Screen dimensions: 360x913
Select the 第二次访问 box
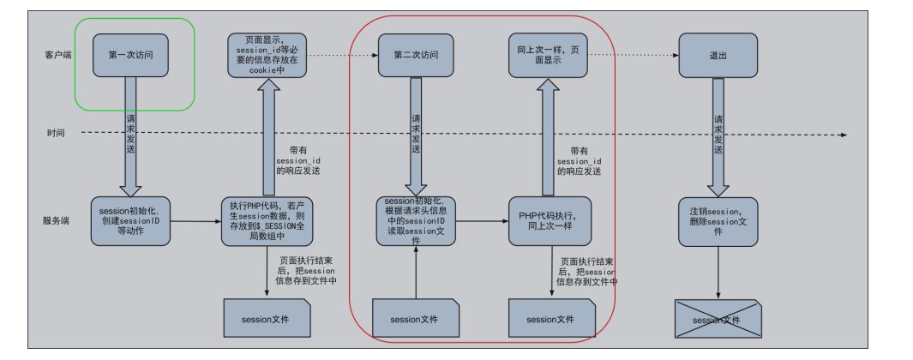tap(415, 55)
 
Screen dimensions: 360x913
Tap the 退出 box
tap(717, 55)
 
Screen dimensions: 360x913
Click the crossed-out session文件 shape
tap(717, 320)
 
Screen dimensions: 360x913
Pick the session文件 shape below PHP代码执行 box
tap(551, 320)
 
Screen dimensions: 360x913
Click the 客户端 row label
tap(57, 55)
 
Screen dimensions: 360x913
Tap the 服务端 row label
tap(57, 220)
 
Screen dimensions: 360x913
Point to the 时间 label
tap(57, 134)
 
